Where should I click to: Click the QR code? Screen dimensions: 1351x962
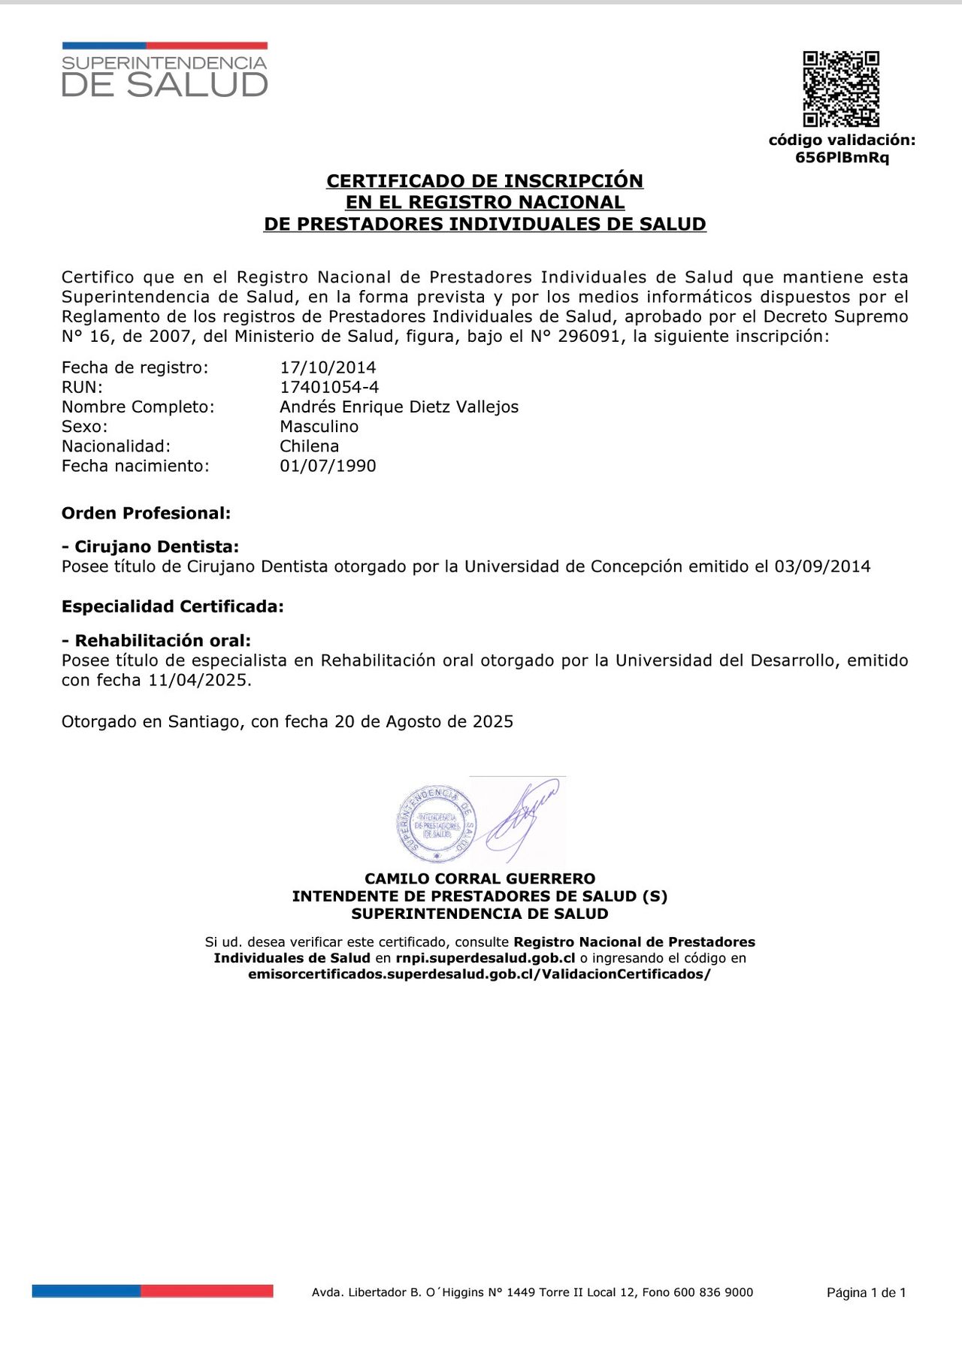[x=841, y=89]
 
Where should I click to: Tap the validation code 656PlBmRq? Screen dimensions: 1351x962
[x=842, y=158]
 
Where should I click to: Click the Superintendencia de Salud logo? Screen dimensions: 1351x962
[x=165, y=71]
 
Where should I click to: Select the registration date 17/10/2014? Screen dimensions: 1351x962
[x=328, y=367]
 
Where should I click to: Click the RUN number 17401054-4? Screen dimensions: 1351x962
[x=329, y=387]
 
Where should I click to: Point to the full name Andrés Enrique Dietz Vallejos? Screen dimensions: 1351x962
[x=399, y=407]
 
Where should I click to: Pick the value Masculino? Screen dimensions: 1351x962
[x=319, y=426]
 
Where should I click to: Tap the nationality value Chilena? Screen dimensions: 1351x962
[x=310, y=446]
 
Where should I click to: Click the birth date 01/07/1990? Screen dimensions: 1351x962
[x=328, y=466]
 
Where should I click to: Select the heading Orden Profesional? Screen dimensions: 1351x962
[x=147, y=513]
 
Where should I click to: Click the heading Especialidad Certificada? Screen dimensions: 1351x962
[x=173, y=606]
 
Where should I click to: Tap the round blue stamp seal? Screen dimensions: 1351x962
[x=436, y=824]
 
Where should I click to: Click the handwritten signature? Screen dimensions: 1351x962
[x=522, y=819]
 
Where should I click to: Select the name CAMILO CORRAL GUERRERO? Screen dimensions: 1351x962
[x=479, y=878]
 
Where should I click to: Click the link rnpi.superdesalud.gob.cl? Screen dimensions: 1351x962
[x=486, y=958]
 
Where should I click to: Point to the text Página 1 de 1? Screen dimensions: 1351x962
[x=866, y=1292]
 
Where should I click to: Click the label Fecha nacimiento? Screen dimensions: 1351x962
[x=135, y=466]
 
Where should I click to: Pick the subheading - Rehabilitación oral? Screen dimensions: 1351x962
[x=156, y=641]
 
